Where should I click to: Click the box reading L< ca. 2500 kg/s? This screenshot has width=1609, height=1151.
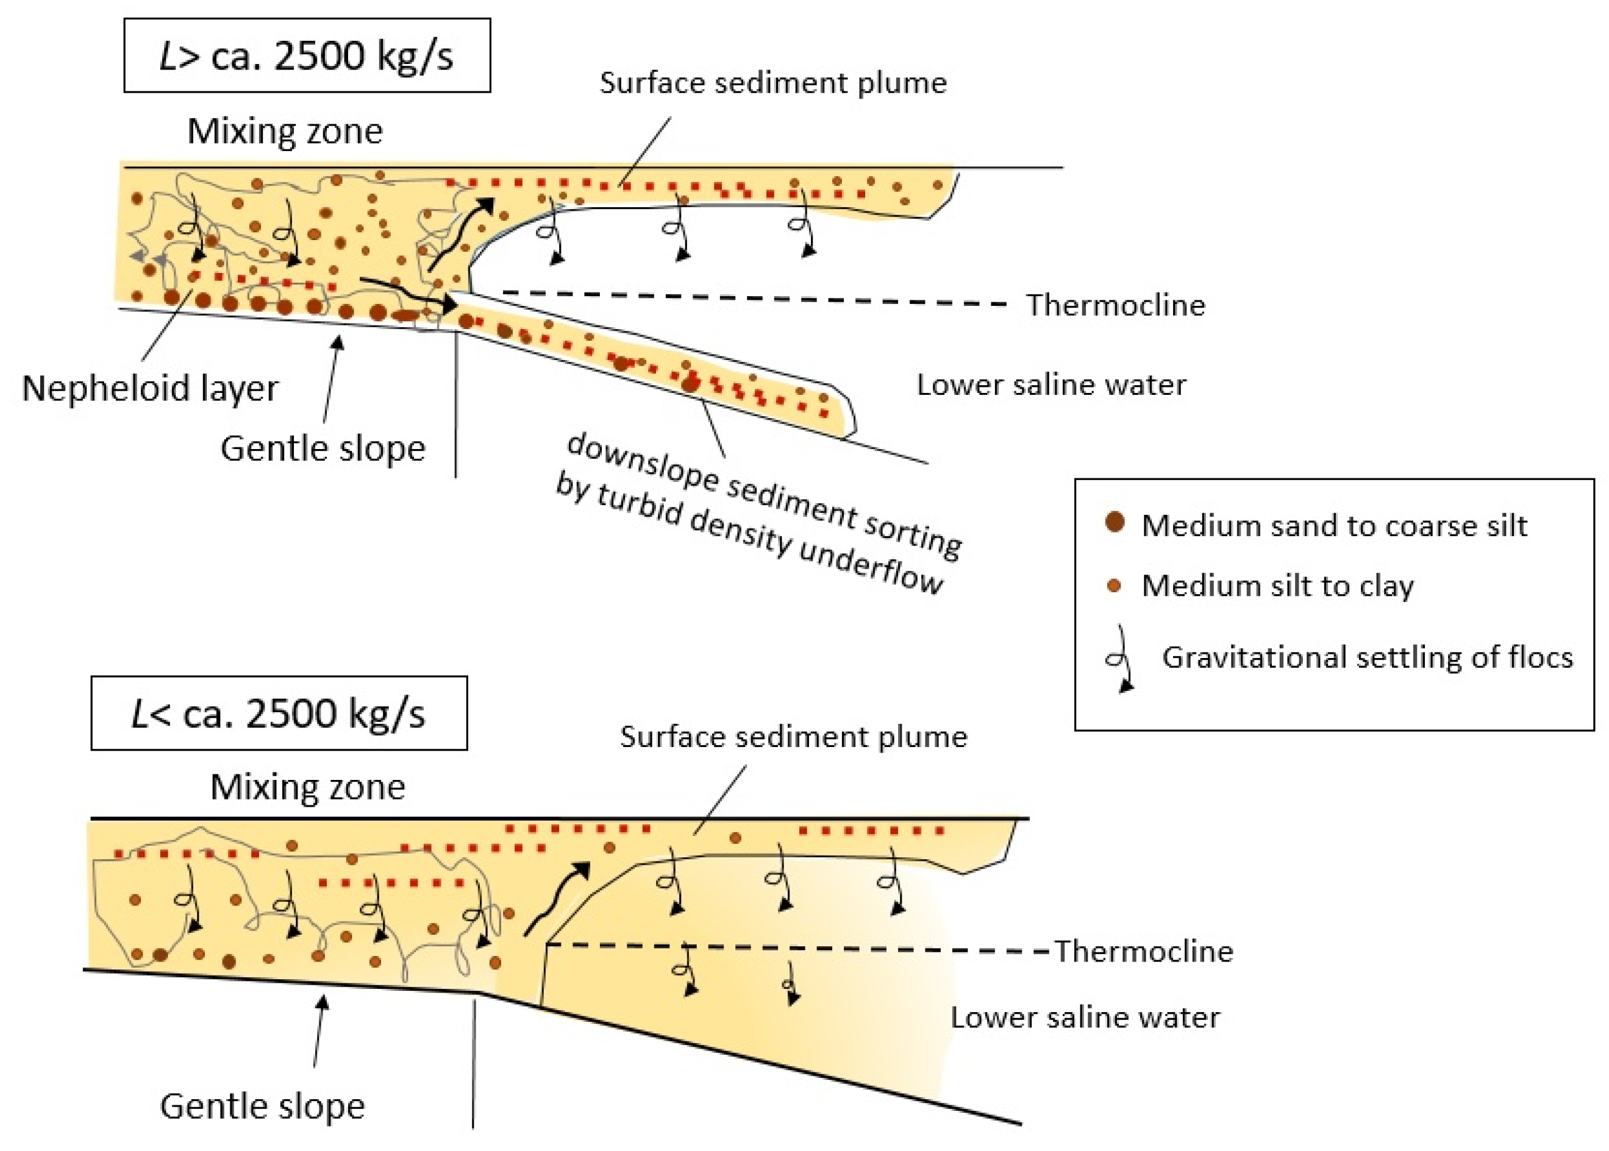coord(279,713)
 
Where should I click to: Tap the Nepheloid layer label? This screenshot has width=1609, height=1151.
coord(151,388)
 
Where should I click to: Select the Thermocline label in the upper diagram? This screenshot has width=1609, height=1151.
coord(1115,305)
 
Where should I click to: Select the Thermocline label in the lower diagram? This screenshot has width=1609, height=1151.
coord(1143,951)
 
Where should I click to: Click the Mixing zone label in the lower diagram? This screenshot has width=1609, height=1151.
coord(307,787)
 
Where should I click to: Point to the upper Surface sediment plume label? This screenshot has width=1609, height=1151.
coord(773,83)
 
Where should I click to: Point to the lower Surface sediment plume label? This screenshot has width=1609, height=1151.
coord(793,737)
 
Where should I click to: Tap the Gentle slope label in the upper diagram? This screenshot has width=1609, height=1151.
coord(323,448)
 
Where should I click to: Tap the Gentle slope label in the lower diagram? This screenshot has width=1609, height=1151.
coord(262,1107)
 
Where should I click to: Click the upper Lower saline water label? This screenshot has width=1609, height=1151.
coord(1051,385)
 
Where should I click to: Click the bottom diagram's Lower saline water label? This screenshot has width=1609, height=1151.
coord(1085,1018)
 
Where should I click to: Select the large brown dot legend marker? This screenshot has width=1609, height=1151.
coord(1115,522)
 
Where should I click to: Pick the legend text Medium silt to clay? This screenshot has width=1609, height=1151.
coord(1277,586)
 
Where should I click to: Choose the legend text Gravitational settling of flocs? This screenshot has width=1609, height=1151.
coord(1366,657)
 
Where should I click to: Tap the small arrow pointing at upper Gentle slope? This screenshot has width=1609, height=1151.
coord(332,379)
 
